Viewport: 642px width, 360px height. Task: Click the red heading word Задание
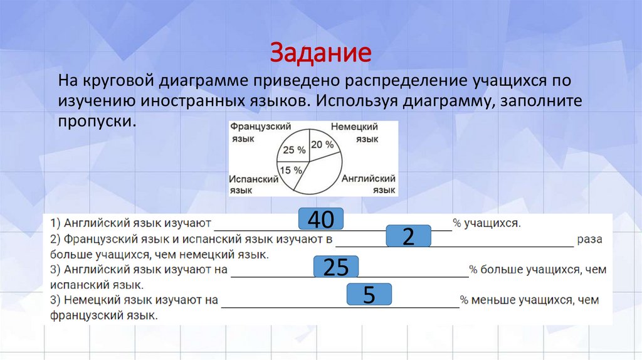[x=321, y=53]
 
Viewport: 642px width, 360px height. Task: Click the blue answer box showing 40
[x=321, y=220]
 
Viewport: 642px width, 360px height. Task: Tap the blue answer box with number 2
[x=409, y=236]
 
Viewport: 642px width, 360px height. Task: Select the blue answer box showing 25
[x=335, y=268]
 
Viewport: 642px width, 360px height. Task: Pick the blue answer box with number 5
[x=369, y=295]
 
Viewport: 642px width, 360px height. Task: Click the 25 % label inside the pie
[x=294, y=150]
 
